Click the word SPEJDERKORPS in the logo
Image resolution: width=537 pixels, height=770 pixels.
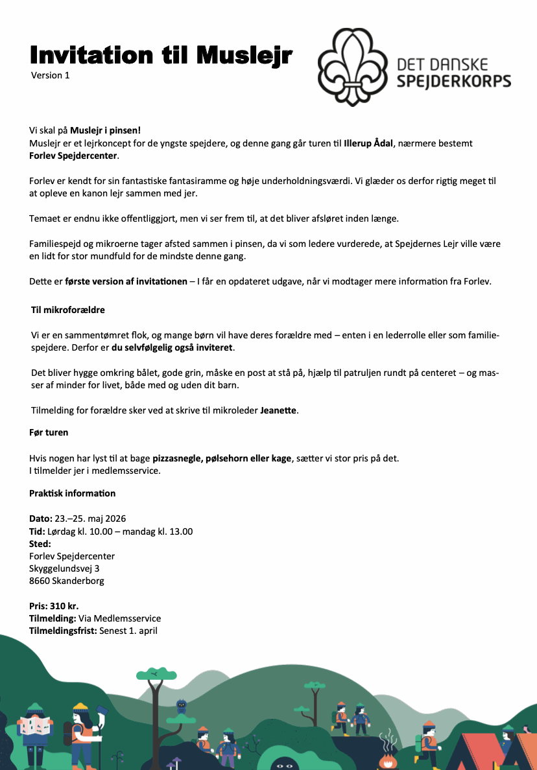point(453,81)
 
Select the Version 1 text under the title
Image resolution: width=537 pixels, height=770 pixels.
point(50,75)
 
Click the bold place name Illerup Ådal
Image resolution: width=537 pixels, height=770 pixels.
point(368,143)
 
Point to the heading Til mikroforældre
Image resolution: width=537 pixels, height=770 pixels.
point(68,310)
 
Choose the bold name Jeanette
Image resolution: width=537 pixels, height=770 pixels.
point(278,410)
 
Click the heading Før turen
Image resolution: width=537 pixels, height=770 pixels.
point(49,432)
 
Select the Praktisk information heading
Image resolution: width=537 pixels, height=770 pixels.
point(72,493)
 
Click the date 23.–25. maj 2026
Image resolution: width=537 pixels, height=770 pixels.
point(90,519)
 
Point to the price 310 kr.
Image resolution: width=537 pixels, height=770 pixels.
point(64,606)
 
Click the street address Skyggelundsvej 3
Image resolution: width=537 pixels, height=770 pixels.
point(64,568)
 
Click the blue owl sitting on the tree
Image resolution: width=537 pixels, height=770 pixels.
point(182,706)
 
